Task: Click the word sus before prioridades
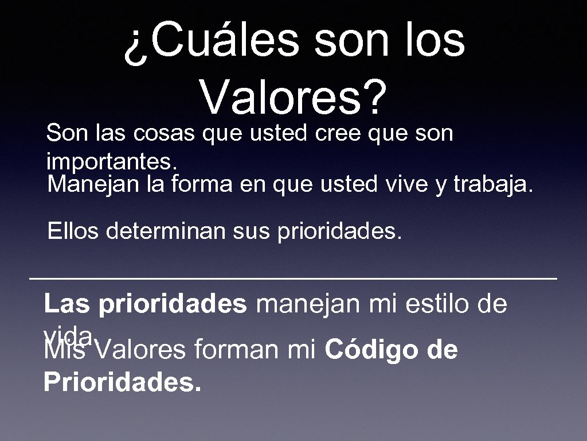click(x=252, y=233)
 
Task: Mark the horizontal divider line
click(x=293, y=278)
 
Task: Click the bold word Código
click(x=373, y=350)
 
